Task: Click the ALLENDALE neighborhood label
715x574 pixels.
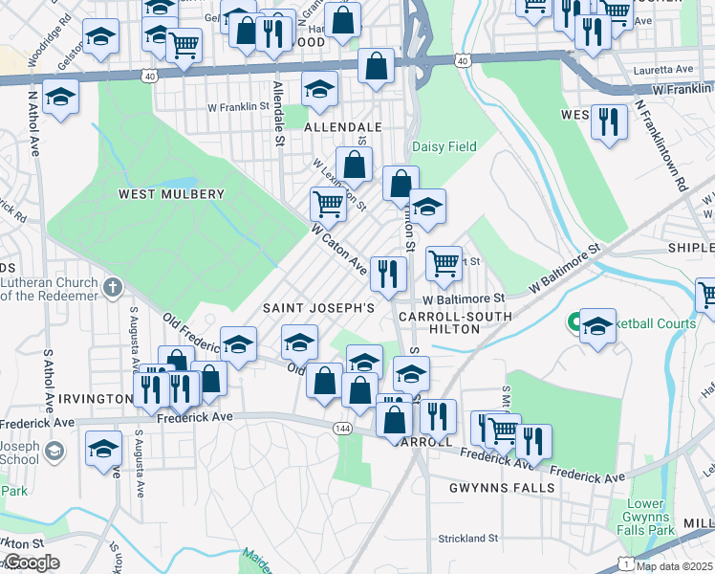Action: (342, 126)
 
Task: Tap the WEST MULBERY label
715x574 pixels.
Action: (171, 194)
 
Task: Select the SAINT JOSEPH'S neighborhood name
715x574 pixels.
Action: (318, 309)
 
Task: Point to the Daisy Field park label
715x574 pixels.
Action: (444, 147)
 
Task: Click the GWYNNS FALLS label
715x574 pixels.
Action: (501, 488)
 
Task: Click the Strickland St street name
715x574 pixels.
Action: (468, 539)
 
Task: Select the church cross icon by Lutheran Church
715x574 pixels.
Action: (113, 286)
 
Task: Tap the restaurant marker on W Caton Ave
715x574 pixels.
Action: (388, 274)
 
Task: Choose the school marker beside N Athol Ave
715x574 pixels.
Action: (60, 98)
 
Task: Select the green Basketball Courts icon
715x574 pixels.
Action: (577, 323)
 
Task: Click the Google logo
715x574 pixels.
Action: (31, 563)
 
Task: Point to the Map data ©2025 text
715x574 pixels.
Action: (675, 566)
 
